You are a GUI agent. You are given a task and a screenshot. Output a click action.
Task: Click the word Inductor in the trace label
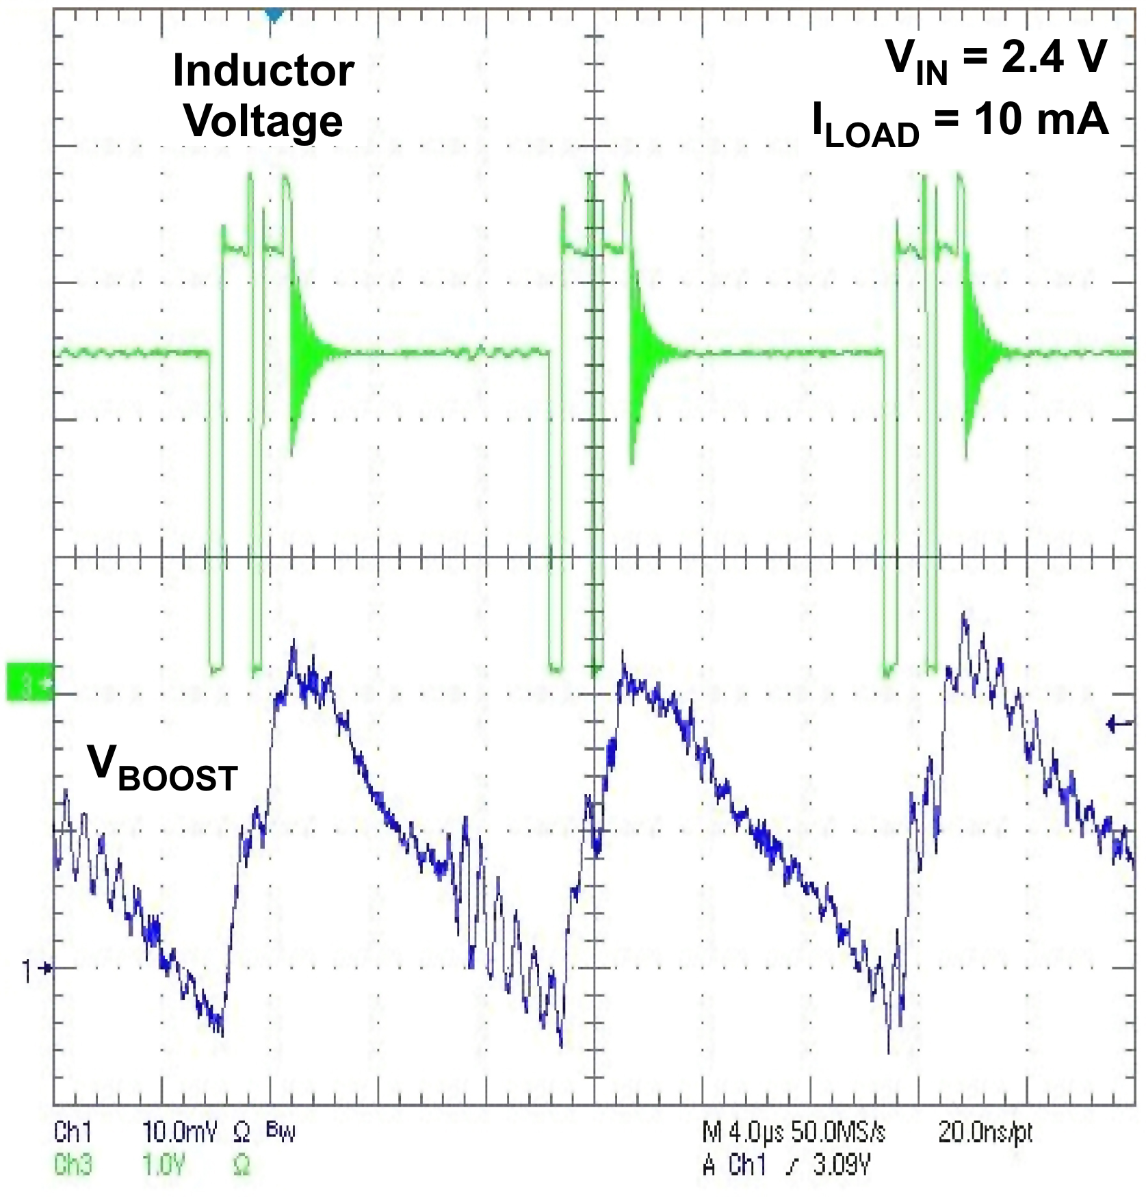[x=263, y=70]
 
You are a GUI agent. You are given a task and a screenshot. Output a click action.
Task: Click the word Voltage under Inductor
[x=263, y=122]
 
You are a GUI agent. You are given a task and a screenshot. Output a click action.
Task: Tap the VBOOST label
[x=162, y=768]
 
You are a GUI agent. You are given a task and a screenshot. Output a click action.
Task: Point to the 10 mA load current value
[x=1041, y=120]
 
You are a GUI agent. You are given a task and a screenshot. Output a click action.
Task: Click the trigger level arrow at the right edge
[x=1119, y=723]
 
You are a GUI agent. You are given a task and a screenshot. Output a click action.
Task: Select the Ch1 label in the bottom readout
[x=73, y=1133]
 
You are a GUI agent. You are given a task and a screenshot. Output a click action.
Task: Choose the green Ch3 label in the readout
[x=73, y=1164]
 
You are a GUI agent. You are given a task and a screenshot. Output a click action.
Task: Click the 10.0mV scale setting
[x=179, y=1133]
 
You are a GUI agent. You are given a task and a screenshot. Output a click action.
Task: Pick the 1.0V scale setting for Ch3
[x=164, y=1164]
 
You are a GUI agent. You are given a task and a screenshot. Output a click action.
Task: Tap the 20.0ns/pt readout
[x=985, y=1133]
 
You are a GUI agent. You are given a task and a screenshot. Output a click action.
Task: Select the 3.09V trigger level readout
[x=842, y=1164]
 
